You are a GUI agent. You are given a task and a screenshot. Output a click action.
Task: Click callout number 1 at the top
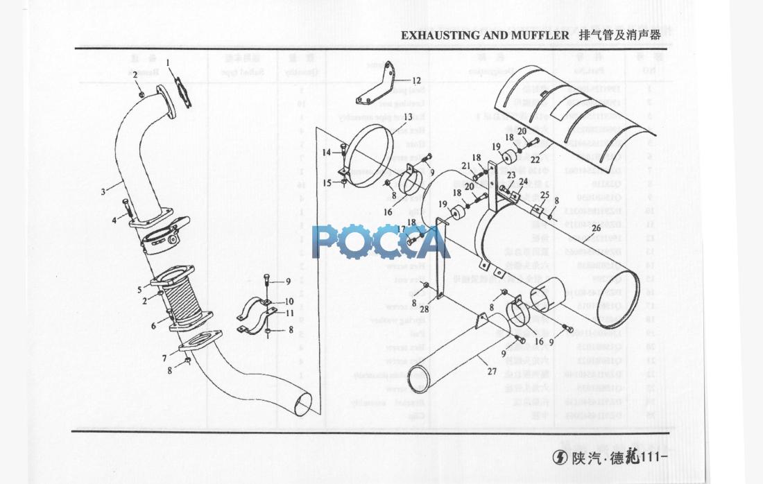click(168, 62)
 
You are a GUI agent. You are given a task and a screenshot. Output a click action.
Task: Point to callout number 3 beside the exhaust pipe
click(103, 191)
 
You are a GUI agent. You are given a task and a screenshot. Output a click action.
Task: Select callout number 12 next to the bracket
click(417, 80)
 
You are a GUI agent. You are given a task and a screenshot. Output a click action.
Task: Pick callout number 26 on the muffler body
click(595, 227)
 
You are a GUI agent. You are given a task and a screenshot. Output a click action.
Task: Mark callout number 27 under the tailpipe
click(492, 371)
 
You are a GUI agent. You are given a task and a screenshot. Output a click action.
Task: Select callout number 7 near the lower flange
click(164, 358)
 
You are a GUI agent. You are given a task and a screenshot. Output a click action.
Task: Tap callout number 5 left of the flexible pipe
click(139, 289)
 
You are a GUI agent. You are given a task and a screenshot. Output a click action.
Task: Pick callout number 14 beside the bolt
click(325, 152)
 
